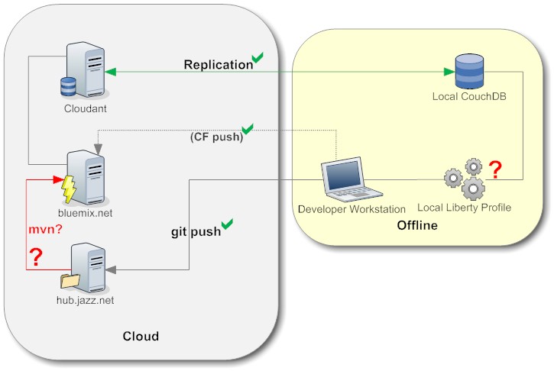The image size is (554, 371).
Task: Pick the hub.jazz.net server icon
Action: pos(85,266)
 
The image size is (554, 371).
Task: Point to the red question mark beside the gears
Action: pos(495,169)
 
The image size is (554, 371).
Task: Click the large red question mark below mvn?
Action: pos(34,257)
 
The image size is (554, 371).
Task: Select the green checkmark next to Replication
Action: pos(258,58)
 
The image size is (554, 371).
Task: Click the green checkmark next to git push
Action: pos(227,224)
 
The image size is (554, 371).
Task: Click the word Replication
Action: pos(218,65)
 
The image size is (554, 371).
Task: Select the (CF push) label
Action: pos(216,138)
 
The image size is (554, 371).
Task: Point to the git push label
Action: pos(195,231)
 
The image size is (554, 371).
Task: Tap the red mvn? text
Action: pos(44,228)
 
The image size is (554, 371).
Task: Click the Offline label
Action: pos(417,226)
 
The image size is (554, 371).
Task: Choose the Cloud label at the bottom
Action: pos(141,336)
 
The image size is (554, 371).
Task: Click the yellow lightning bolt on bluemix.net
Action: pos(69,187)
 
